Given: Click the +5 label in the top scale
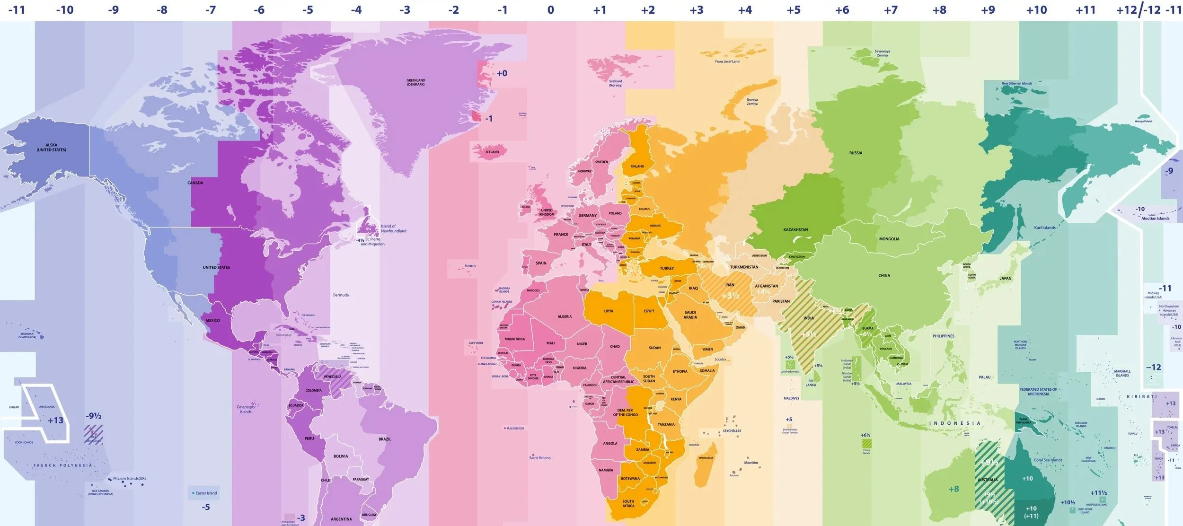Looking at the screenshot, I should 793,10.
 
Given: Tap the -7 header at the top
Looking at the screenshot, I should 210,10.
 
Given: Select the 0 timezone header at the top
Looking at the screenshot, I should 550,10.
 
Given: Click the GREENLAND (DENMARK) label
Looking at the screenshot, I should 415,82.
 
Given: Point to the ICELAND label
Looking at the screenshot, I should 492,152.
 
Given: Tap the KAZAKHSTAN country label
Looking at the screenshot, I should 795,230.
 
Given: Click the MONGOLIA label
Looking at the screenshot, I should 889,239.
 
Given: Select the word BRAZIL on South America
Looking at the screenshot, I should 385,439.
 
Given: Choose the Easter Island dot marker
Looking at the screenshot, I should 193,493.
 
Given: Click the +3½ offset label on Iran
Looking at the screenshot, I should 730,296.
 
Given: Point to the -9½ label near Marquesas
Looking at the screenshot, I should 93,416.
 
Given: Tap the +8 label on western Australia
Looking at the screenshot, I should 953,489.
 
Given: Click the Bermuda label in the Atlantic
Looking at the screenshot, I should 341,295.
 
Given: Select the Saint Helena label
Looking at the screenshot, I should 539,458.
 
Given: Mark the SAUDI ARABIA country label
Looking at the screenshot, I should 690,315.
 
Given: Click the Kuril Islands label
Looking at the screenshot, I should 1044,228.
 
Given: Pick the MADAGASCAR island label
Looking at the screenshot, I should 706,458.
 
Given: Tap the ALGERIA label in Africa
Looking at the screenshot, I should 564,316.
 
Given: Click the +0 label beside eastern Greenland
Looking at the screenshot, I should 502,73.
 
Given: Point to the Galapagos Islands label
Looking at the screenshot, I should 246,409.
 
